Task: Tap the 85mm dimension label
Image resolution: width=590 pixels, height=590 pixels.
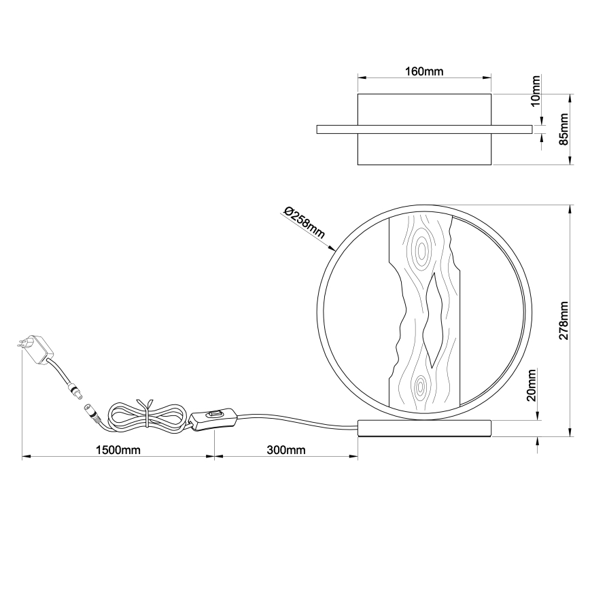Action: [x=563, y=129]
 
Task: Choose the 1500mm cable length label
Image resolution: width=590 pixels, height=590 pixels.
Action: [x=118, y=450]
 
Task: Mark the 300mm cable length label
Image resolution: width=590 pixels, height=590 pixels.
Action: [x=285, y=450]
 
